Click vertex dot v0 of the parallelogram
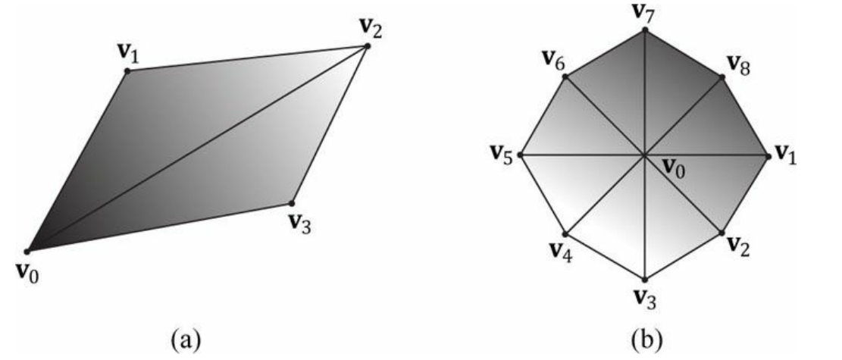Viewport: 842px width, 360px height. [x=27, y=251]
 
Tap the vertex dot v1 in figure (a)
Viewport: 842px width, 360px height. [x=127, y=70]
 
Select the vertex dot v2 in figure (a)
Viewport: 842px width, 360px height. [x=368, y=46]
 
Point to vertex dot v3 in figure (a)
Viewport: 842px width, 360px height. [x=292, y=203]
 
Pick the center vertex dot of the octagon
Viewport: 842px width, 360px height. [x=644, y=156]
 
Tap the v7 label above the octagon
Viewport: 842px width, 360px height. [x=643, y=12]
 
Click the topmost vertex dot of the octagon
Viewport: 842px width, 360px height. [x=644, y=30]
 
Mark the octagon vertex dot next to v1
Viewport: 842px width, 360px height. [x=769, y=156]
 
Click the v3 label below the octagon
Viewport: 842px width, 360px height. [x=644, y=298]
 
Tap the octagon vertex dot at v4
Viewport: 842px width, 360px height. [x=565, y=233]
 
